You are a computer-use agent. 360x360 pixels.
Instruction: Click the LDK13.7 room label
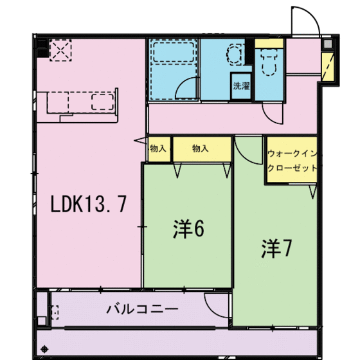tap(88, 205)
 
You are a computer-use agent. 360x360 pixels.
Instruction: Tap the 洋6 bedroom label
tap(188, 230)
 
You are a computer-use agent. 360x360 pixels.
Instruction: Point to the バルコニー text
tap(141, 309)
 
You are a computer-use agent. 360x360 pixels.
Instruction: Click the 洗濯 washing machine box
tap(241, 86)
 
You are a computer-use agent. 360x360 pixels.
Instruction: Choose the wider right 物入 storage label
tap(201, 148)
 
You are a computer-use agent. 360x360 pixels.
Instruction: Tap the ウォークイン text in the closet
tap(292, 155)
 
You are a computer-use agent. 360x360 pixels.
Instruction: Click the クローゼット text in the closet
tap(292, 168)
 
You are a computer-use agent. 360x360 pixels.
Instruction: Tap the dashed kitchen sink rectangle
tap(103, 101)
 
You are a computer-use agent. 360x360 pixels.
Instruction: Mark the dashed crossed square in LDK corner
tap(61, 50)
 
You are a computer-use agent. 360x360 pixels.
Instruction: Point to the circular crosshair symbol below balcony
tap(44, 349)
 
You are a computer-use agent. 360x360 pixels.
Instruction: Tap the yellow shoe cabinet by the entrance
tap(328, 67)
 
